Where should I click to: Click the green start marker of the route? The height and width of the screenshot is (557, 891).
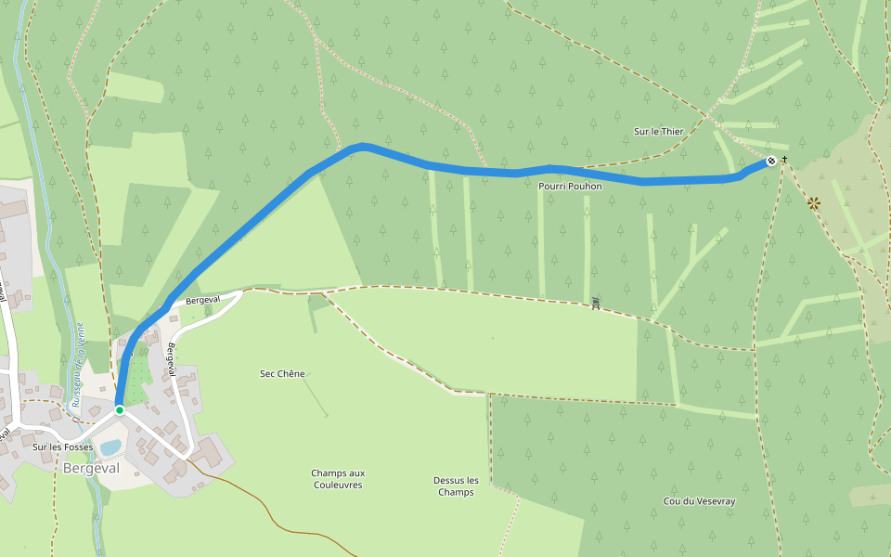point(120,409)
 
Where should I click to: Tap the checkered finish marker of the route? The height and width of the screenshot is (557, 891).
point(771,162)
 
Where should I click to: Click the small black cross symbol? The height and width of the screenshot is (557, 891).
point(784,160)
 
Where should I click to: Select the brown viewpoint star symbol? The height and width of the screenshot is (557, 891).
point(814,202)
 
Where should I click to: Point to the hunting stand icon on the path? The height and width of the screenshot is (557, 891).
point(596,302)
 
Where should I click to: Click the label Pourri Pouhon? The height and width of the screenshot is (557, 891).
point(570,187)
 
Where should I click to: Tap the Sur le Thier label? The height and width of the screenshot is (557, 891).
point(658,132)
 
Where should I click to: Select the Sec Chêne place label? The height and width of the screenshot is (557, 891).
point(282,374)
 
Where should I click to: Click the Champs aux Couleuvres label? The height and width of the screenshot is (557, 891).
point(338,479)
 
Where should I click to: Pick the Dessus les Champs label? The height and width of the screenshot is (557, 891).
point(456,486)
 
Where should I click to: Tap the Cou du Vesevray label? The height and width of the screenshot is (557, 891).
point(699,501)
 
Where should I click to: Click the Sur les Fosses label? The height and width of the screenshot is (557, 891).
point(63,447)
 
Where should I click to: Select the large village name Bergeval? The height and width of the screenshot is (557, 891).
point(91,469)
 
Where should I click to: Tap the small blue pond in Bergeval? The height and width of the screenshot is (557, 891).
point(110,448)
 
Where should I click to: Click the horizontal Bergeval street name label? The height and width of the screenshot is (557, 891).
point(201,301)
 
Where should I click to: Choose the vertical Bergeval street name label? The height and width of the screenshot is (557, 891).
point(172,359)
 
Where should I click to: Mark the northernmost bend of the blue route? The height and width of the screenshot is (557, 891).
point(362,146)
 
